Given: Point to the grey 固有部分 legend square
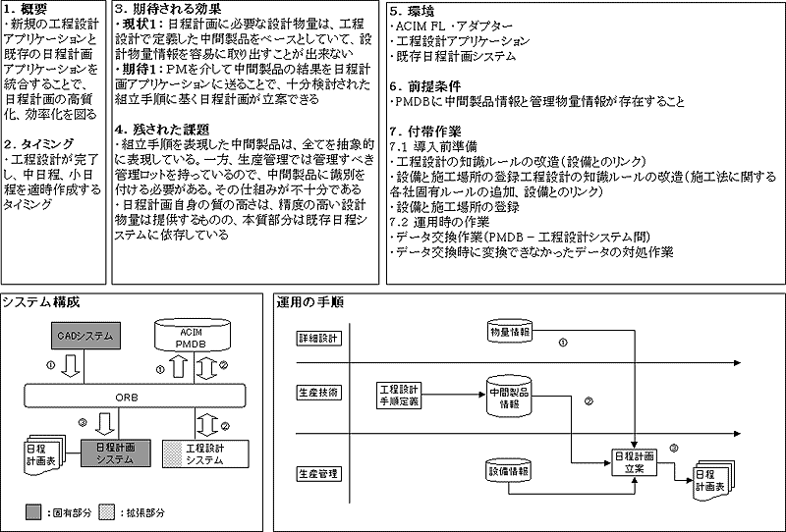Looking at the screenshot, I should pos(32,510).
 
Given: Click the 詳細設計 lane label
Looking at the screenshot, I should pos(317,338).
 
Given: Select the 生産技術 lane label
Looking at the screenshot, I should pos(317,392).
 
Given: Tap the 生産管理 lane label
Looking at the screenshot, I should pos(317,474).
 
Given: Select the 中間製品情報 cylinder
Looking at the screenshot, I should pos(509,398).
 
